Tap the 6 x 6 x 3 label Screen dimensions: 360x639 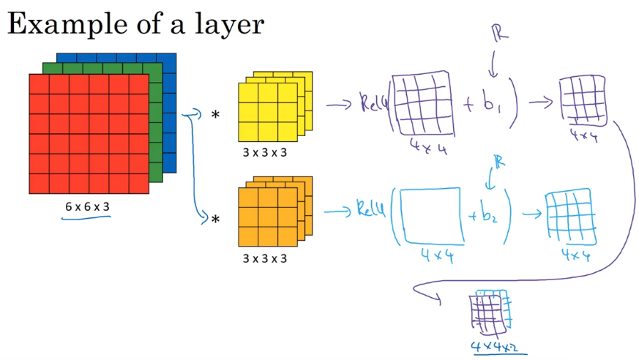point(87,207)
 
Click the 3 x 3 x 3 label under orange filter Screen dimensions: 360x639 point(264,258)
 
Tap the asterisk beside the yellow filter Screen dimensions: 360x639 point(215,116)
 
